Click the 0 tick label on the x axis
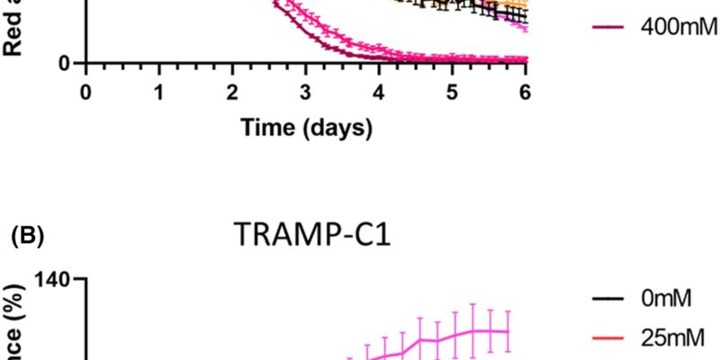[85, 92]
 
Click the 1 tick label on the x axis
[158, 92]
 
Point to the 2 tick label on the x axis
[232, 92]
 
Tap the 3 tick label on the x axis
[306, 92]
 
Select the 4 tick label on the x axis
[379, 92]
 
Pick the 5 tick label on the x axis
[453, 92]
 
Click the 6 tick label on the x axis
[526, 92]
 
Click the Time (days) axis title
[306, 129]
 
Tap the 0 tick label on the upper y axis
[65, 63]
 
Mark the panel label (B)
[28, 240]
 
